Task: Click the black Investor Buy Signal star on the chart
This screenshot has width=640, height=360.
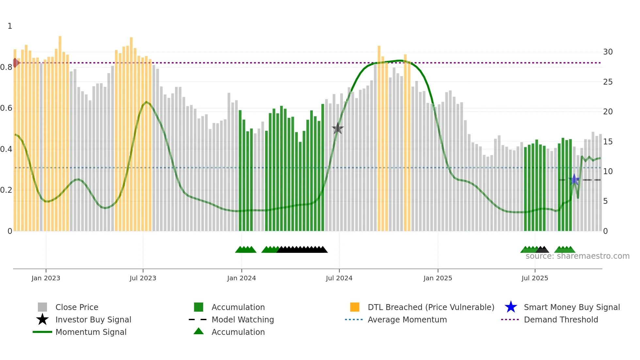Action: (338, 129)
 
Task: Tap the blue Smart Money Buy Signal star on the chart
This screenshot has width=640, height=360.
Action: (574, 180)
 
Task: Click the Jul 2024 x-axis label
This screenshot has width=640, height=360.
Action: (339, 278)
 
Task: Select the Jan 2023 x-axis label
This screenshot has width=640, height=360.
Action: (46, 278)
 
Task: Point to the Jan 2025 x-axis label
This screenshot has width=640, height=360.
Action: (438, 278)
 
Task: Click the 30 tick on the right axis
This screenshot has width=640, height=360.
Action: (608, 52)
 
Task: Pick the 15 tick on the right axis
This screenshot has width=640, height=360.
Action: (608, 142)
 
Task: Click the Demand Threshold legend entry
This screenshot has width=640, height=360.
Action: (561, 319)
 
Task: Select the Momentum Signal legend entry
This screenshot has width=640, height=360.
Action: (91, 332)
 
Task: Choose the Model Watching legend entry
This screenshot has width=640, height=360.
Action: (243, 319)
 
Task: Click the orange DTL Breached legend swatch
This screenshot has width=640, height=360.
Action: (355, 307)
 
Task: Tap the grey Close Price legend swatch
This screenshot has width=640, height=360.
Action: (42, 307)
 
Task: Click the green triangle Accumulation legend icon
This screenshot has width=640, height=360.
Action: (199, 331)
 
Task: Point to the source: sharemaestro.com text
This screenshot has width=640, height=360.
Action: (577, 256)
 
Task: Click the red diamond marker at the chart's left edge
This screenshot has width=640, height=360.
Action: (15, 63)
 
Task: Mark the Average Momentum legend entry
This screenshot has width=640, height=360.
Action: (407, 319)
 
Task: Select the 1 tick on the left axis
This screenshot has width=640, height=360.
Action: (10, 26)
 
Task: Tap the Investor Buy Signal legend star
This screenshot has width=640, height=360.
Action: (42, 319)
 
